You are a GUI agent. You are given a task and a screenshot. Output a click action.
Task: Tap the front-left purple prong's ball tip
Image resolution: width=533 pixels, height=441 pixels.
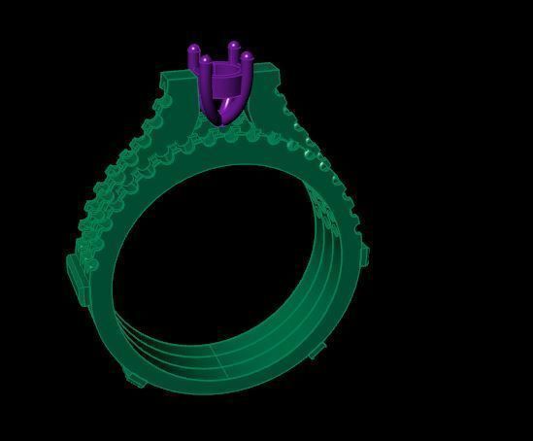tap(206, 61)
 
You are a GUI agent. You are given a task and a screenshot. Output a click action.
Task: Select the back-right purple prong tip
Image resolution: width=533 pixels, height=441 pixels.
tap(234, 45)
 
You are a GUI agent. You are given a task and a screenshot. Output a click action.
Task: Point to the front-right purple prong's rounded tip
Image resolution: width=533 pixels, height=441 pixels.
tap(248, 57)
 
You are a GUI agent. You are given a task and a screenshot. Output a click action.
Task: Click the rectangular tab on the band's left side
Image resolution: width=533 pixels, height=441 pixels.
tap(73, 276)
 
